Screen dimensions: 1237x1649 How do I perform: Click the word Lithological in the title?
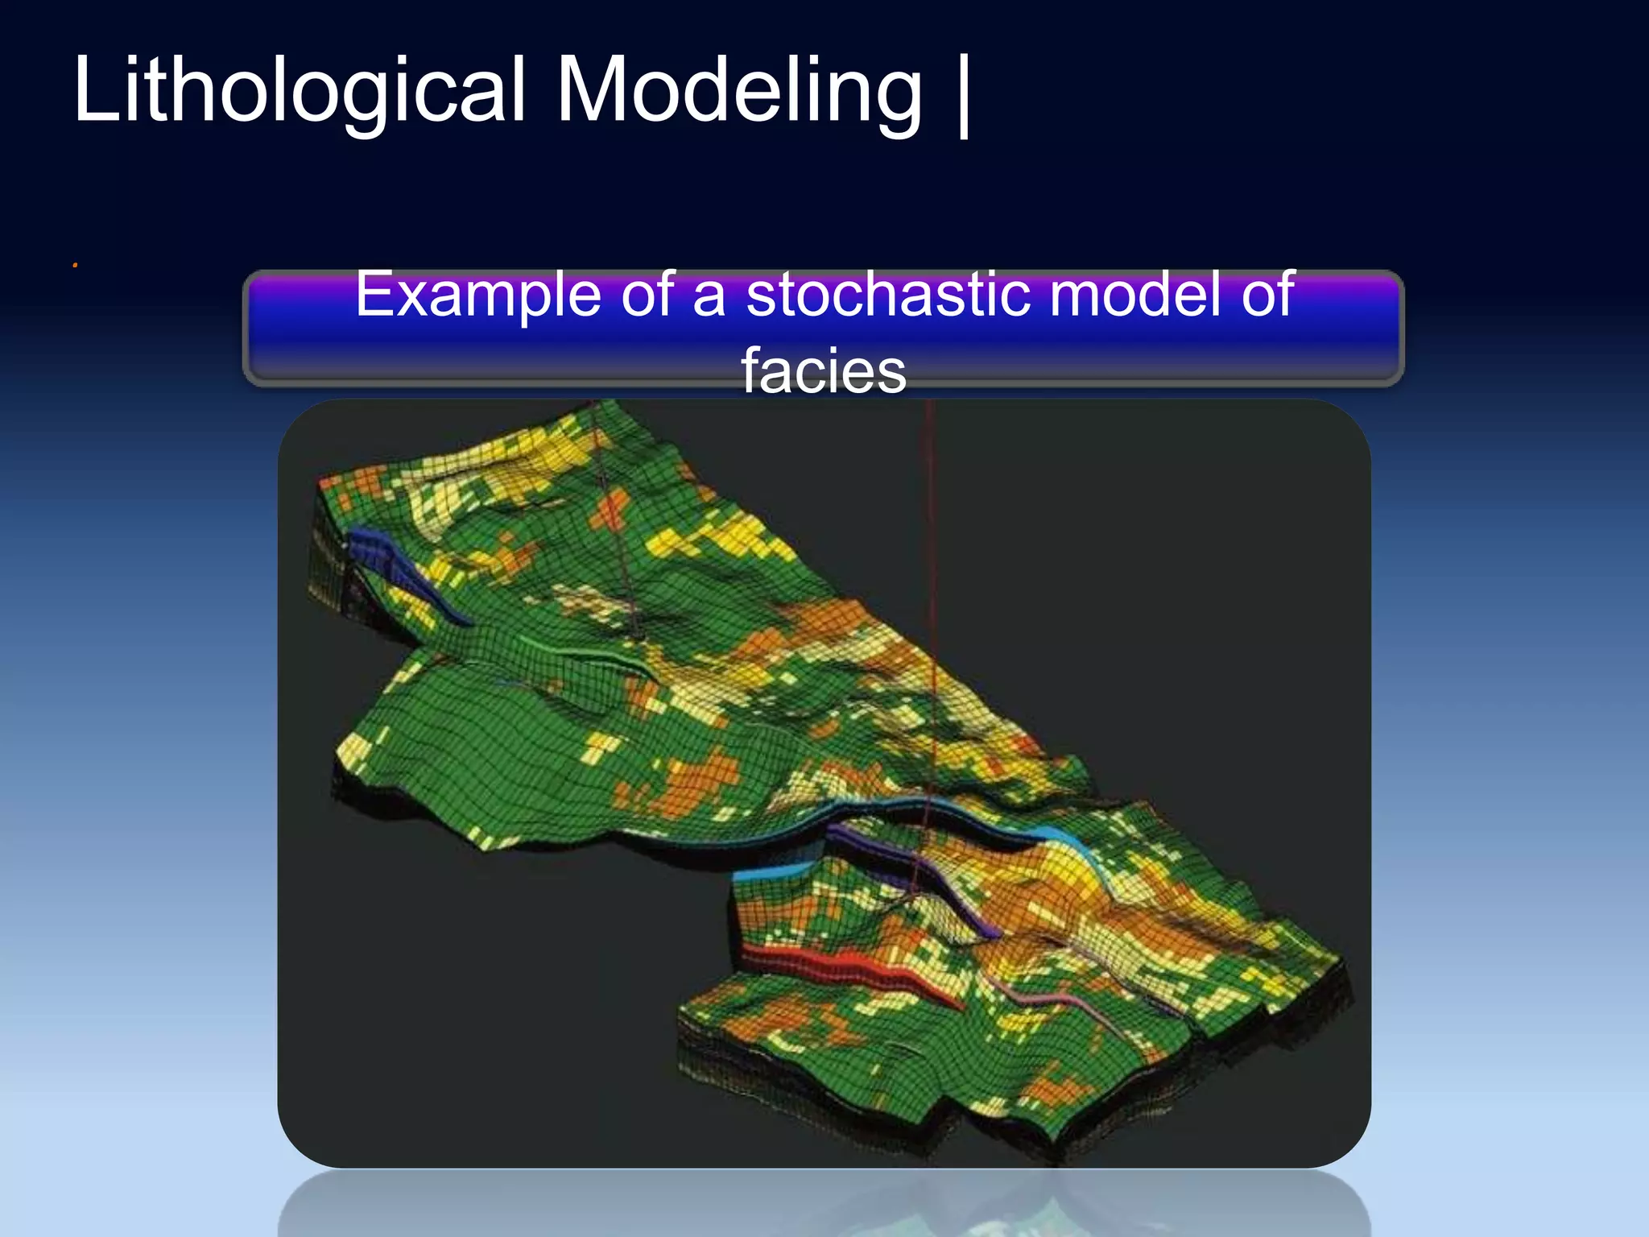(x=298, y=90)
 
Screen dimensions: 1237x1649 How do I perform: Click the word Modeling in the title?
(x=738, y=90)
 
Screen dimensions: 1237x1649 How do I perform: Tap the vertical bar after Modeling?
(x=963, y=95)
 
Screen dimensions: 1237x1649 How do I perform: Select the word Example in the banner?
(x=478, y=295)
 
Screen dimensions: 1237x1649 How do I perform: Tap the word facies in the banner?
(x=823, y=370)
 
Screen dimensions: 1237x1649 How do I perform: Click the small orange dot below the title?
(x=75, y=265)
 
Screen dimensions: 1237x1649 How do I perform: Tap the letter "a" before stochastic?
(x=709, y=295)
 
